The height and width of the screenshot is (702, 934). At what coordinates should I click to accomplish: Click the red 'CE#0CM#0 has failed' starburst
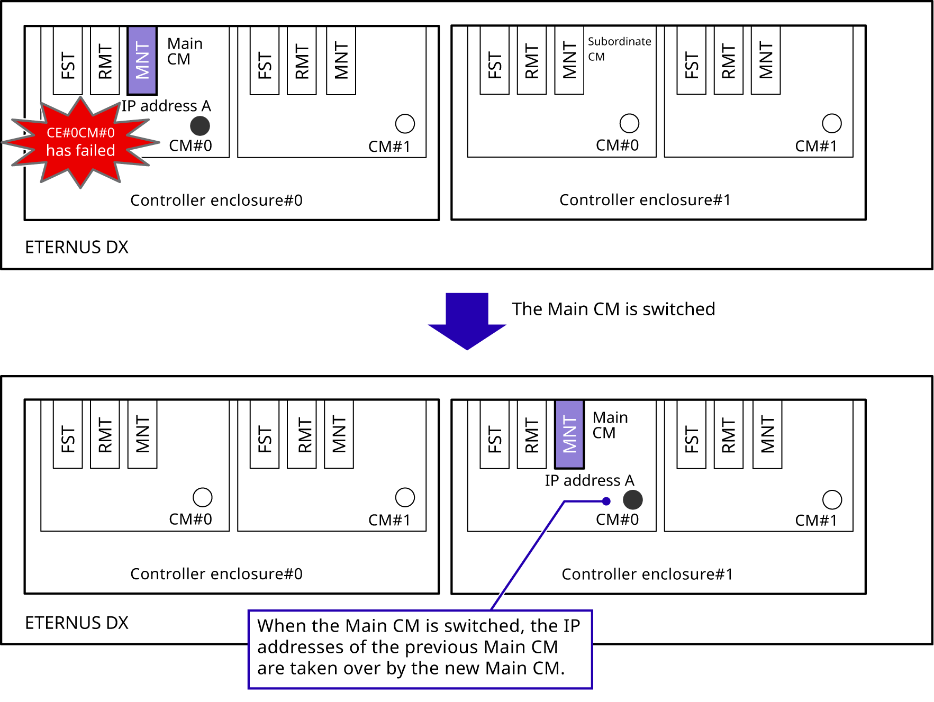point(80,142)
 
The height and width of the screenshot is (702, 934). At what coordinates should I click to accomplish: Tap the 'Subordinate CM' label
point(619,49)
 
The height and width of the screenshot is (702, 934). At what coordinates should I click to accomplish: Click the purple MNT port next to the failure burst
point(142,60)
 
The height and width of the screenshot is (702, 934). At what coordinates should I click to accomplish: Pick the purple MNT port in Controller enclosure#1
point(569,434)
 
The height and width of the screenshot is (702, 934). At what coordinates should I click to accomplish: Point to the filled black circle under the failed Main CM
point(200,126)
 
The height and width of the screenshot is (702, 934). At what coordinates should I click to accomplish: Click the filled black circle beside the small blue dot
point(632,499)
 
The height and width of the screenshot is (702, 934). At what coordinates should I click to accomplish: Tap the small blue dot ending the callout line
point(606,501)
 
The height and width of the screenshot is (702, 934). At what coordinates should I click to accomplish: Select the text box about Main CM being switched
point(420,649)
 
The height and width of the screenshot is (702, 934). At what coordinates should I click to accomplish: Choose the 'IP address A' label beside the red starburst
point(166,106)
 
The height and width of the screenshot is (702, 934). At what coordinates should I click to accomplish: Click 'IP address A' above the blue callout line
point(590,480)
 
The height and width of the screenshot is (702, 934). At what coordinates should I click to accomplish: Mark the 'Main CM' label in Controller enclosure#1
point(610,425)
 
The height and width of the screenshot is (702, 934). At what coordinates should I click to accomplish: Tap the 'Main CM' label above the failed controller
point(185,51)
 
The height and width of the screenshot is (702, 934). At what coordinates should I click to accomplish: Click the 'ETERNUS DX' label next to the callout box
point(77,623)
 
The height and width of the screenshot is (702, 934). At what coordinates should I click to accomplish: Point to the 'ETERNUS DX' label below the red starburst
point(77,247)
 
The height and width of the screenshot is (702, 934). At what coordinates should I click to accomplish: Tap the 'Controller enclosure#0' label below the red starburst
point(216,200)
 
